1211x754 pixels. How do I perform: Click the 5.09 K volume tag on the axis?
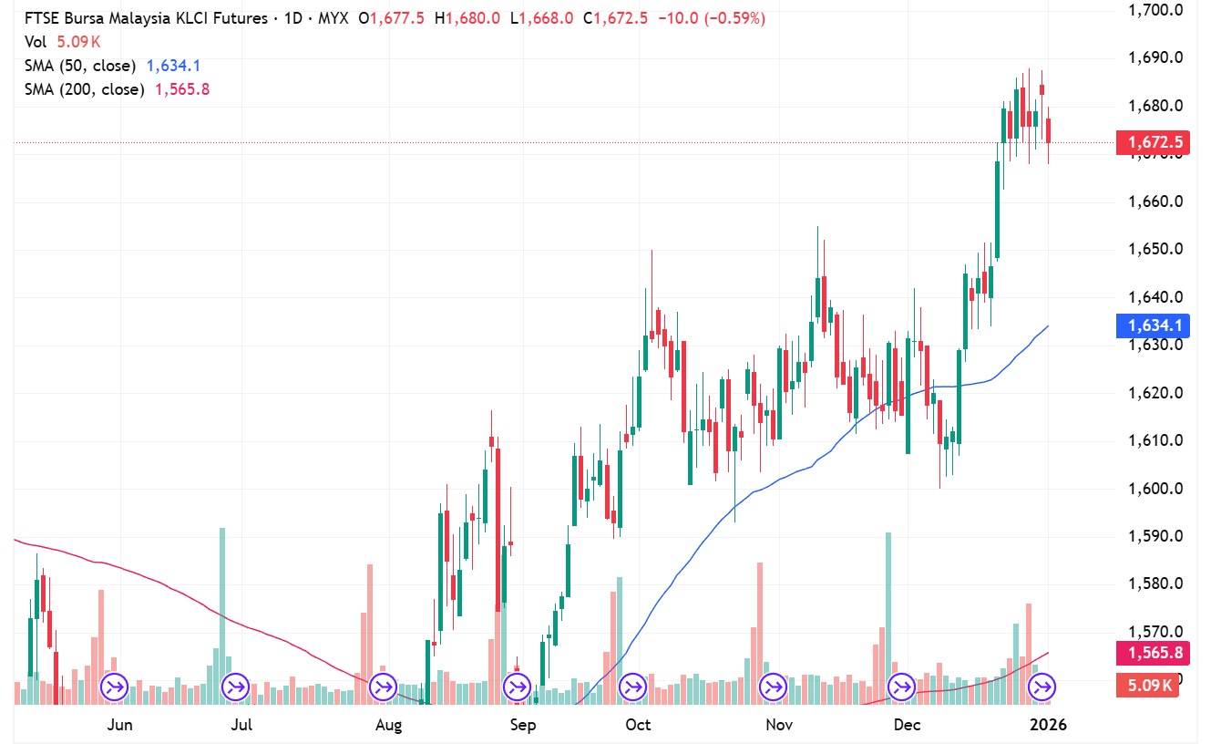click(x=1147, y=686)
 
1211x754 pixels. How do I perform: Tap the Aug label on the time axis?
click(x=388, y=726)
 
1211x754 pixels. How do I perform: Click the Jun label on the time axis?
click(x=119, y=726)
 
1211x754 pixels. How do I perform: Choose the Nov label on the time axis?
click(x=778, y=726)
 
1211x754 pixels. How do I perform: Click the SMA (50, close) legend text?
click(x=80, y=66)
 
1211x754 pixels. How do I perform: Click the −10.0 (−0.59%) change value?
click(x=708, y=18)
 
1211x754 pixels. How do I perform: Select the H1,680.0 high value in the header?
click(x=467, y=18)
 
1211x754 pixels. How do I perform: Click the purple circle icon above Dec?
click(x=902, y=686)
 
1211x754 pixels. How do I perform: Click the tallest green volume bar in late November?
click(x=888, y=615)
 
